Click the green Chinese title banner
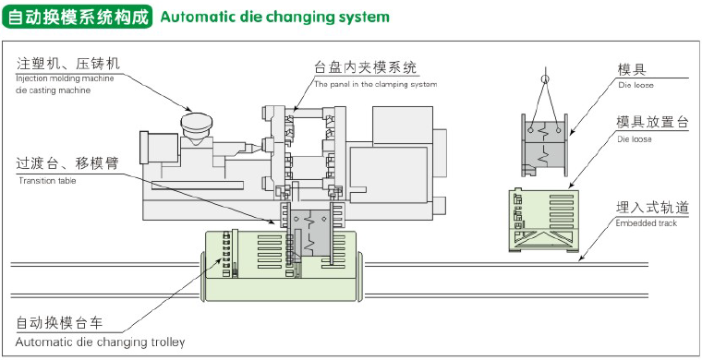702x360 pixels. click(x=77, y=18)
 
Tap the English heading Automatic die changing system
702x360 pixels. click(x=275, y=18)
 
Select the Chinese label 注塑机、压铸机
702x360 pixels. click(x=68, y=64)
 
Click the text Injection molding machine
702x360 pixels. click(x=65, y=78)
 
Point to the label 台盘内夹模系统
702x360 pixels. click(x=366, y=67)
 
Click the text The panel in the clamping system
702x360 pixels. click(x=375, y=84)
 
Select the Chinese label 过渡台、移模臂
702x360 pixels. click(x=67, y=163)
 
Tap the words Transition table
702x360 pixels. click(x=47, y=181)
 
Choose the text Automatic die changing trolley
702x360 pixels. click(x=101, y=342)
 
